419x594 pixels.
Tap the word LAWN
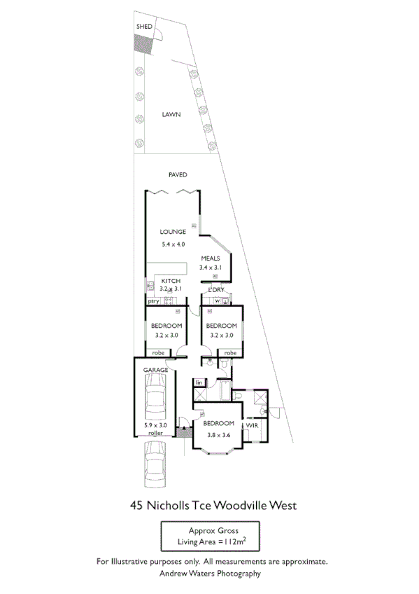pos(171,114)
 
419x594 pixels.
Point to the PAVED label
pos(178,175)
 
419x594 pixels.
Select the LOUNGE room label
pos(172,232)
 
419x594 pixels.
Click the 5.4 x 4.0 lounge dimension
pos(172,244)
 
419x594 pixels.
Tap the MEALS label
pos(210,258)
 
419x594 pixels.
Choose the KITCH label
pos(171,281)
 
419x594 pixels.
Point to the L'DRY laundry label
pos(215,289)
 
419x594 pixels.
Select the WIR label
pos(252,424)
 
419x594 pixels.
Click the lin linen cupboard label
pos(199,382)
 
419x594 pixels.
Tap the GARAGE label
pos(155,369)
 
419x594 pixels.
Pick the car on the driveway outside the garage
pos(155,464)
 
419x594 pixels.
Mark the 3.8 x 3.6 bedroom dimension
pos(219,435)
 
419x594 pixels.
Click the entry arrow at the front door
pos(183,422)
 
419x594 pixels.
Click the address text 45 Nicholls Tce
pos(171,504)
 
